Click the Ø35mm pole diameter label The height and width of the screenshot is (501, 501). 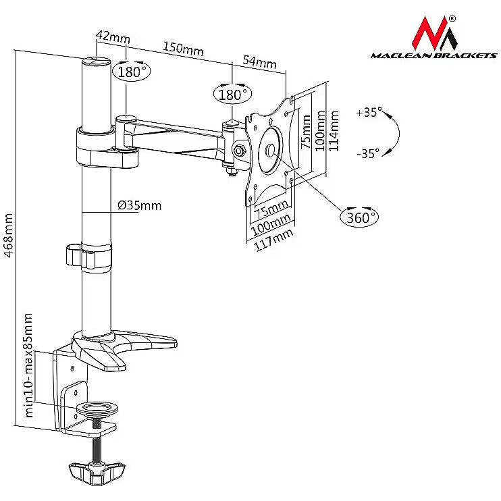point(138,205)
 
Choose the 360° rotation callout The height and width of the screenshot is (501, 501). point(359,217)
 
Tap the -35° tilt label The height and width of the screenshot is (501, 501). point(368,153)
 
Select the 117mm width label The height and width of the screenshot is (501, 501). point(273,241)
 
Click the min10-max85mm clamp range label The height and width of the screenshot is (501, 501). point(28,365)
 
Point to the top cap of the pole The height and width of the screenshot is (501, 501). point(96,62)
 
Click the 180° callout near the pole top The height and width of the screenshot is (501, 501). point(131,72)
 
